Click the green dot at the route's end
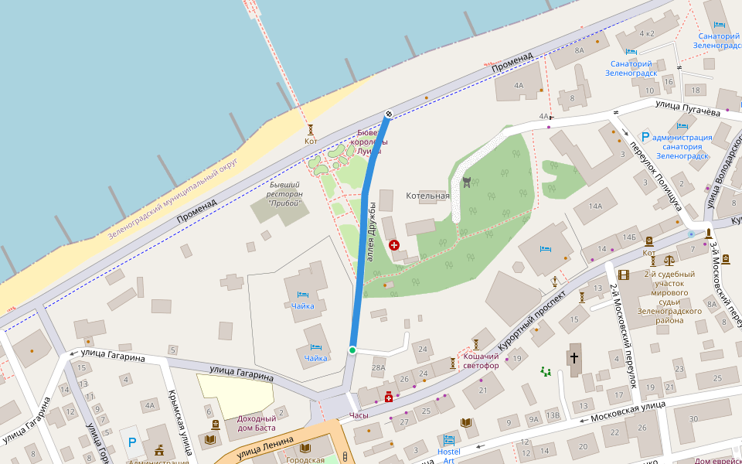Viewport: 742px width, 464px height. tap(352, 351)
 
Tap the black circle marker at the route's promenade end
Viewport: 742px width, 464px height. tap(389, 114)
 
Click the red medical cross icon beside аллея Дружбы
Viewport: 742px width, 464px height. tap(394, 244)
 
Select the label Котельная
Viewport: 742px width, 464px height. tap(427, 196)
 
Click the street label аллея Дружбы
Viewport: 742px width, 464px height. tap(372, 232)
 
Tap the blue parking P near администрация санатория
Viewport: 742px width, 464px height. tap(645, 136)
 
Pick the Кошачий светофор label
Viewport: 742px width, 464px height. tap(481, 360)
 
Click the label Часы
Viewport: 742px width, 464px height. tap(359, 415)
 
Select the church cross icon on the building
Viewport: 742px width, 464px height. tap(574, 358)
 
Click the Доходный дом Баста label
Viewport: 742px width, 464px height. tap(256, 423)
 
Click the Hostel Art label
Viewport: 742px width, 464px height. tap(448, 455)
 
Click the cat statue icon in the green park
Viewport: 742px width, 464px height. tap(467, 183)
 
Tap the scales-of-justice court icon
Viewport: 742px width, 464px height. tap(669, 261)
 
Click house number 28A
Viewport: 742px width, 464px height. tap(378, 367)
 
